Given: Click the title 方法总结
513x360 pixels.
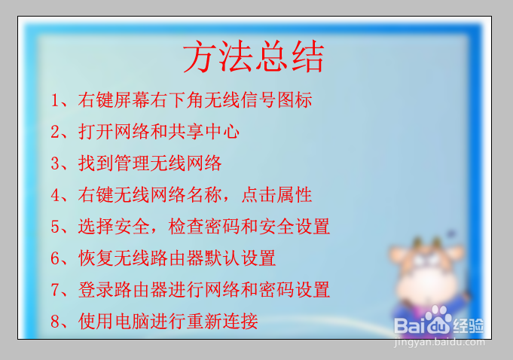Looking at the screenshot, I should (254, 56).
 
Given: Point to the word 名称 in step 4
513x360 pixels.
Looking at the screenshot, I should (204, 195).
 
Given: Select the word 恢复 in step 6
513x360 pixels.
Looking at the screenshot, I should (96, 258).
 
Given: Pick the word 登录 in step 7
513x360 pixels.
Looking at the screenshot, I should (96, 290).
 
